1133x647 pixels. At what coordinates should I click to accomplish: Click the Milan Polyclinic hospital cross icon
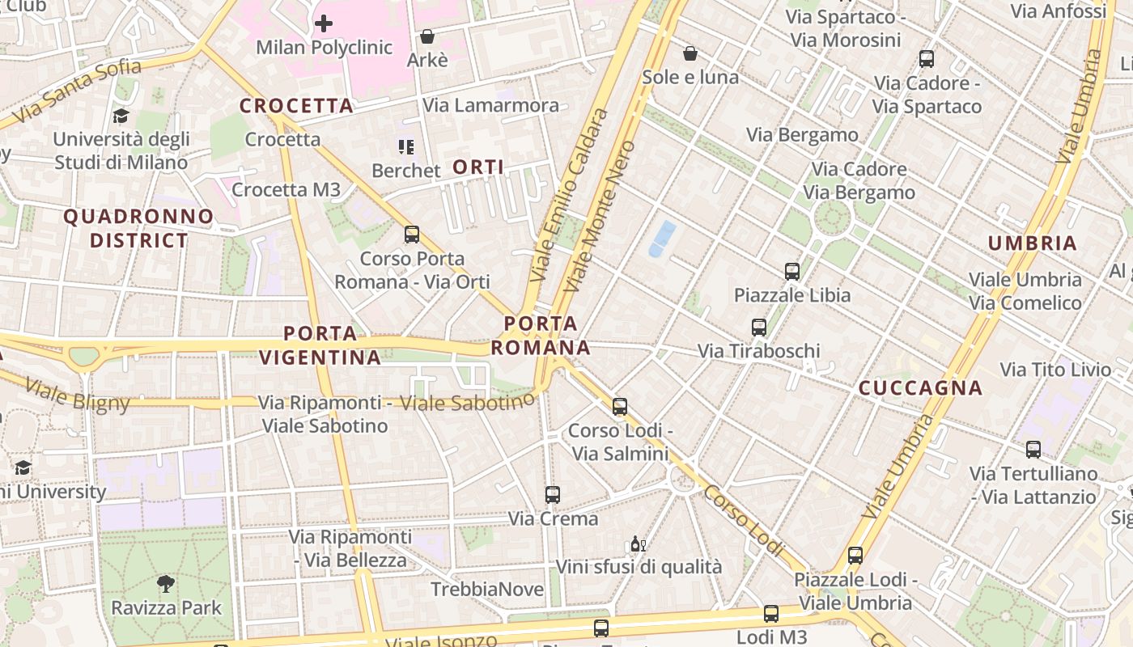323,23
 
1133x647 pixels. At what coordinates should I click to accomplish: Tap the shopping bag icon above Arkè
426,36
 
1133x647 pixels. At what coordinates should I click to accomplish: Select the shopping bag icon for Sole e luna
690,53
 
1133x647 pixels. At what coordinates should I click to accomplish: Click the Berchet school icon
405,146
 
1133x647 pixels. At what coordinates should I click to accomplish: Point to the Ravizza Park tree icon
166,583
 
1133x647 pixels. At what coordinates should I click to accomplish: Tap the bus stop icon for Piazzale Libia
791,271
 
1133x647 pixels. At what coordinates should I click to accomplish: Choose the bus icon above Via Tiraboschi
758,327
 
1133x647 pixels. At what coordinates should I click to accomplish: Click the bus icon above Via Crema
553,494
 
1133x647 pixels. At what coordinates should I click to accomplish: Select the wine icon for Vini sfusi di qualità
638,543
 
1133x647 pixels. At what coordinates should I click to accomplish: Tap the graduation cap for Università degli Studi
121,116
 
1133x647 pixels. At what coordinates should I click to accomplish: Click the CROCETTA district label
296,106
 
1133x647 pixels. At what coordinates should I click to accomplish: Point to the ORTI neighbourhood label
478,167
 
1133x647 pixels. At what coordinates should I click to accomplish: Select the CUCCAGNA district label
920,388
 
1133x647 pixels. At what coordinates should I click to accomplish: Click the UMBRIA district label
1032,243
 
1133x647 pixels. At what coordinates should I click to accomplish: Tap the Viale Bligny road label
77,395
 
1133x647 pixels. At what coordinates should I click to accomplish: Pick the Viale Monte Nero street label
600,216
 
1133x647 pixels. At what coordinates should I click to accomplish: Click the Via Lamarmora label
490,105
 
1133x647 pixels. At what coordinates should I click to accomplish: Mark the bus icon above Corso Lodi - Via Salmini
620,406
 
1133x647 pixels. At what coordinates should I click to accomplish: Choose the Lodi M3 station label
771,637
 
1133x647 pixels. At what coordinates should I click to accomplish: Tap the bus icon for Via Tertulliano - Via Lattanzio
1033,450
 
